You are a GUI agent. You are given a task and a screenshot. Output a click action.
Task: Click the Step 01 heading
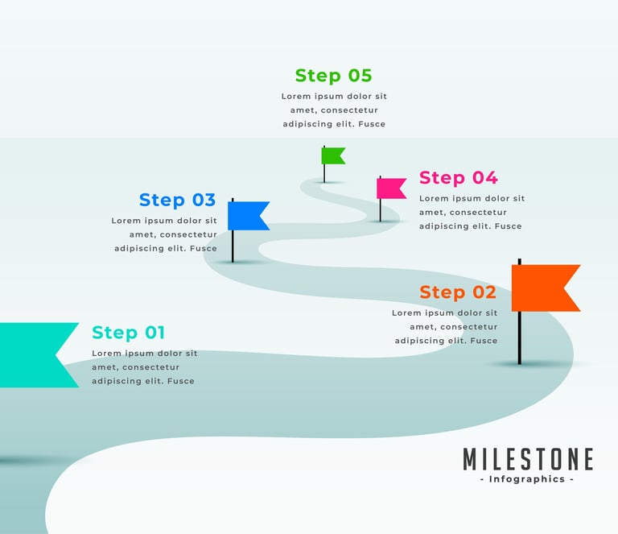click(128, 333)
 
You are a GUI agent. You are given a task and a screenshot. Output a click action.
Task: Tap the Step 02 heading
click(457, 292)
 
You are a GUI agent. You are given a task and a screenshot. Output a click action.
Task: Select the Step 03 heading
click(177, 200)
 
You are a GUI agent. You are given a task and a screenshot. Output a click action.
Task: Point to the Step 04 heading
click(458, 178)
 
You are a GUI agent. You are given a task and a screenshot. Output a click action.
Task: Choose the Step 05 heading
click(333, 76)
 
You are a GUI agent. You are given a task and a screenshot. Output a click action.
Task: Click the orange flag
click(544, 288)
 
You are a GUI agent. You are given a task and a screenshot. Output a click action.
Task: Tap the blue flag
click(247, 216)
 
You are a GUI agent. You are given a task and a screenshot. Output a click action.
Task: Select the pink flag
click(390, 188)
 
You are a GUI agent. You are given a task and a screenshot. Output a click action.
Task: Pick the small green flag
click(332, 155)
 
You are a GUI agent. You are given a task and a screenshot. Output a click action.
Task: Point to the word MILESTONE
click(528, 459)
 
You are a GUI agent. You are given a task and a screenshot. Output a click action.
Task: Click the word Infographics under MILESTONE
click(527, 479)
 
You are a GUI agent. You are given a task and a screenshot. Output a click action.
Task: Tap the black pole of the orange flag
click(520, 338)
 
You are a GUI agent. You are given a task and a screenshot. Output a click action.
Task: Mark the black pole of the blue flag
click(233, 246)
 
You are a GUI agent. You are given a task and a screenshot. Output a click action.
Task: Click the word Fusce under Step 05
click(372, 124)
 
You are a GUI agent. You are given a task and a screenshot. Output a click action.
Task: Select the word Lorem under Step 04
click(434, 198)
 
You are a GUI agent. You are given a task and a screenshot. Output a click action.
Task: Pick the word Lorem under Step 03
click(126, 221)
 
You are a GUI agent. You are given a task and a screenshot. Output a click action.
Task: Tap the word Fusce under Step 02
click(484, 341)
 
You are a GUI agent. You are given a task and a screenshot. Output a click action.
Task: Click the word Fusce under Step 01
click(180, 381)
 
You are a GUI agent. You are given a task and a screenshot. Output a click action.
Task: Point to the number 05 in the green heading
click(360, 76)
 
